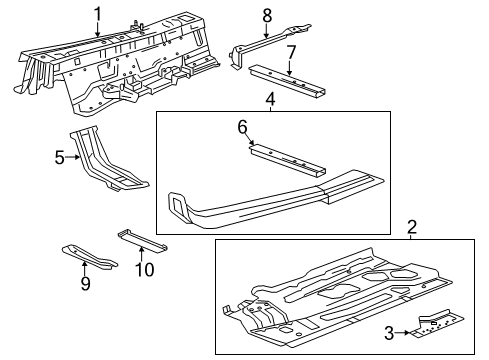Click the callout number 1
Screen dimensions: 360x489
98,13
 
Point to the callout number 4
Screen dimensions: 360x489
270,98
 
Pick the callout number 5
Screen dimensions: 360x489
59,157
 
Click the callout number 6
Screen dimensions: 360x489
241,127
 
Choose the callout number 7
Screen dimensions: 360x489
291,50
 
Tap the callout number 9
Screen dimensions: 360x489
85,285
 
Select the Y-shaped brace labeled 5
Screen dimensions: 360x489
105,165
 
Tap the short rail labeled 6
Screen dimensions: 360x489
290,160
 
